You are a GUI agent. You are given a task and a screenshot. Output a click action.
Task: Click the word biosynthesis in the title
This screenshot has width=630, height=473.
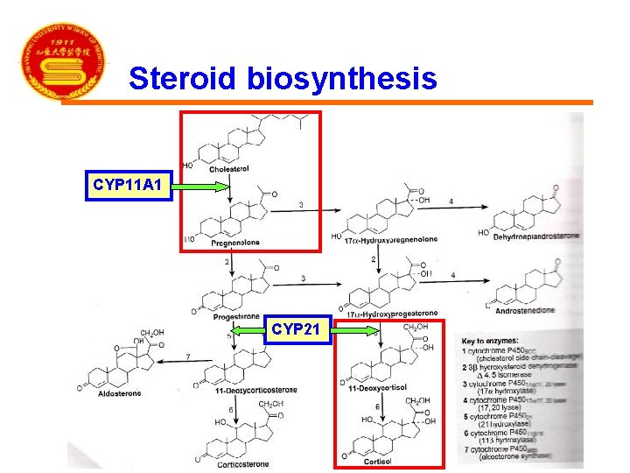click(341, 79)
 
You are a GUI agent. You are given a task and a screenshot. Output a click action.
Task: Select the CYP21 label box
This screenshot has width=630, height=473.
click(298, 329)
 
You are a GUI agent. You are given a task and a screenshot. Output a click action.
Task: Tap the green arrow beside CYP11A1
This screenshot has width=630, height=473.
click(213, 185)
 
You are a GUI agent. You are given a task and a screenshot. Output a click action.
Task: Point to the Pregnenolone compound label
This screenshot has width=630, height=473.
click(235, 243)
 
